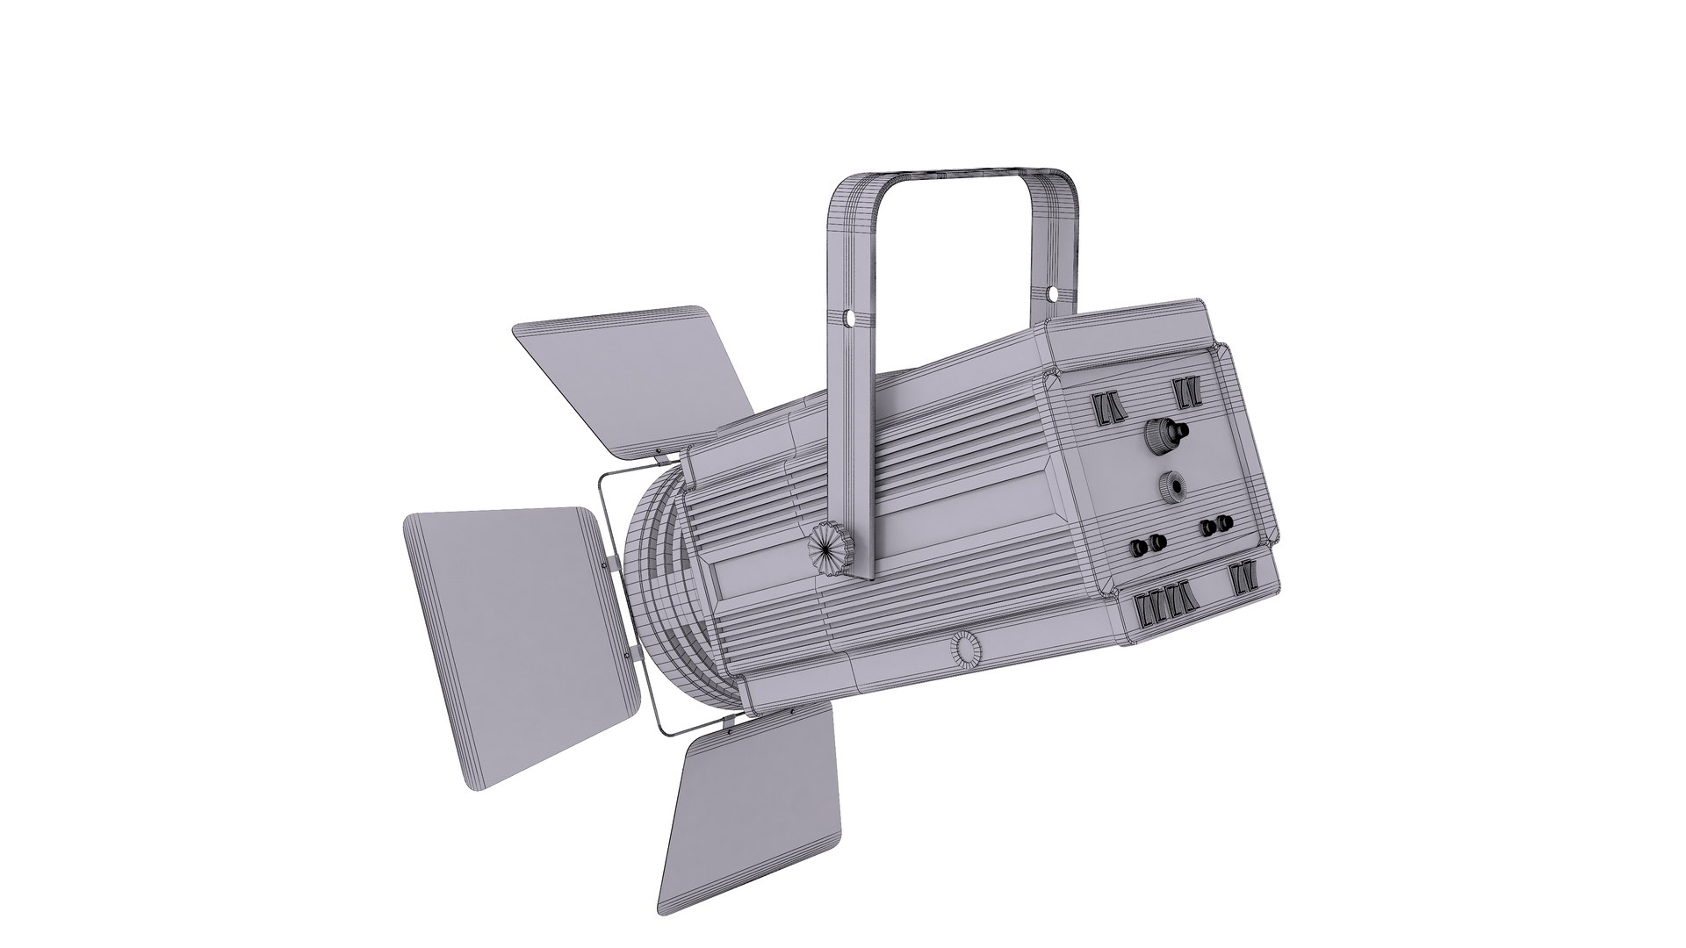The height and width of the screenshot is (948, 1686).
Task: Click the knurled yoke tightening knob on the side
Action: click(x=825, y=548)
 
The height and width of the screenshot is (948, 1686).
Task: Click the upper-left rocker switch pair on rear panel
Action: click(x=1108, y=408)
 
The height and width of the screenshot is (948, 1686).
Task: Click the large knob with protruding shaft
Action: click(x=1166, y=432)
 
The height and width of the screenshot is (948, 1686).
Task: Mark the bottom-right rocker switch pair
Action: click(x=1243, y=579)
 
